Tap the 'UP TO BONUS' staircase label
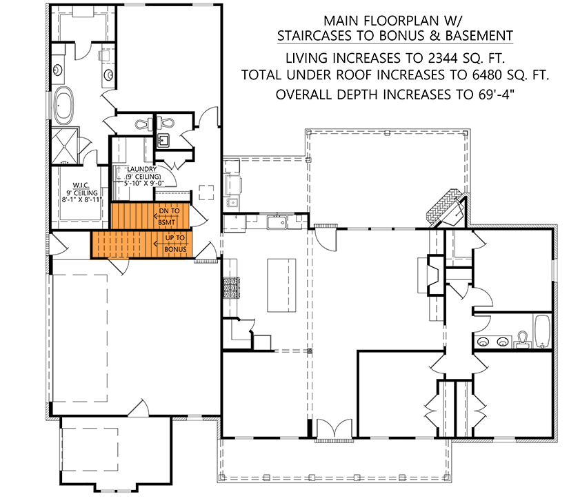[x=175, y=243]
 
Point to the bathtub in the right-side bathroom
[x=542, y=331]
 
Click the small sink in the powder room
[x=164, y=141]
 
